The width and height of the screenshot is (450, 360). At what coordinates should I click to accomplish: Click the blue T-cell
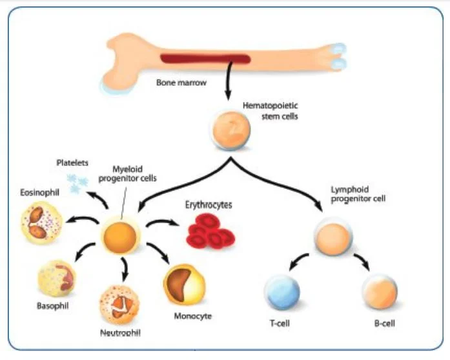coord(283,294)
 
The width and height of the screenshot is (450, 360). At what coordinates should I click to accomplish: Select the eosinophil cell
coord(43,223)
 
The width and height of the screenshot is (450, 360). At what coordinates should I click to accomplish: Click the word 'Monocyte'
coord(192,316)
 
